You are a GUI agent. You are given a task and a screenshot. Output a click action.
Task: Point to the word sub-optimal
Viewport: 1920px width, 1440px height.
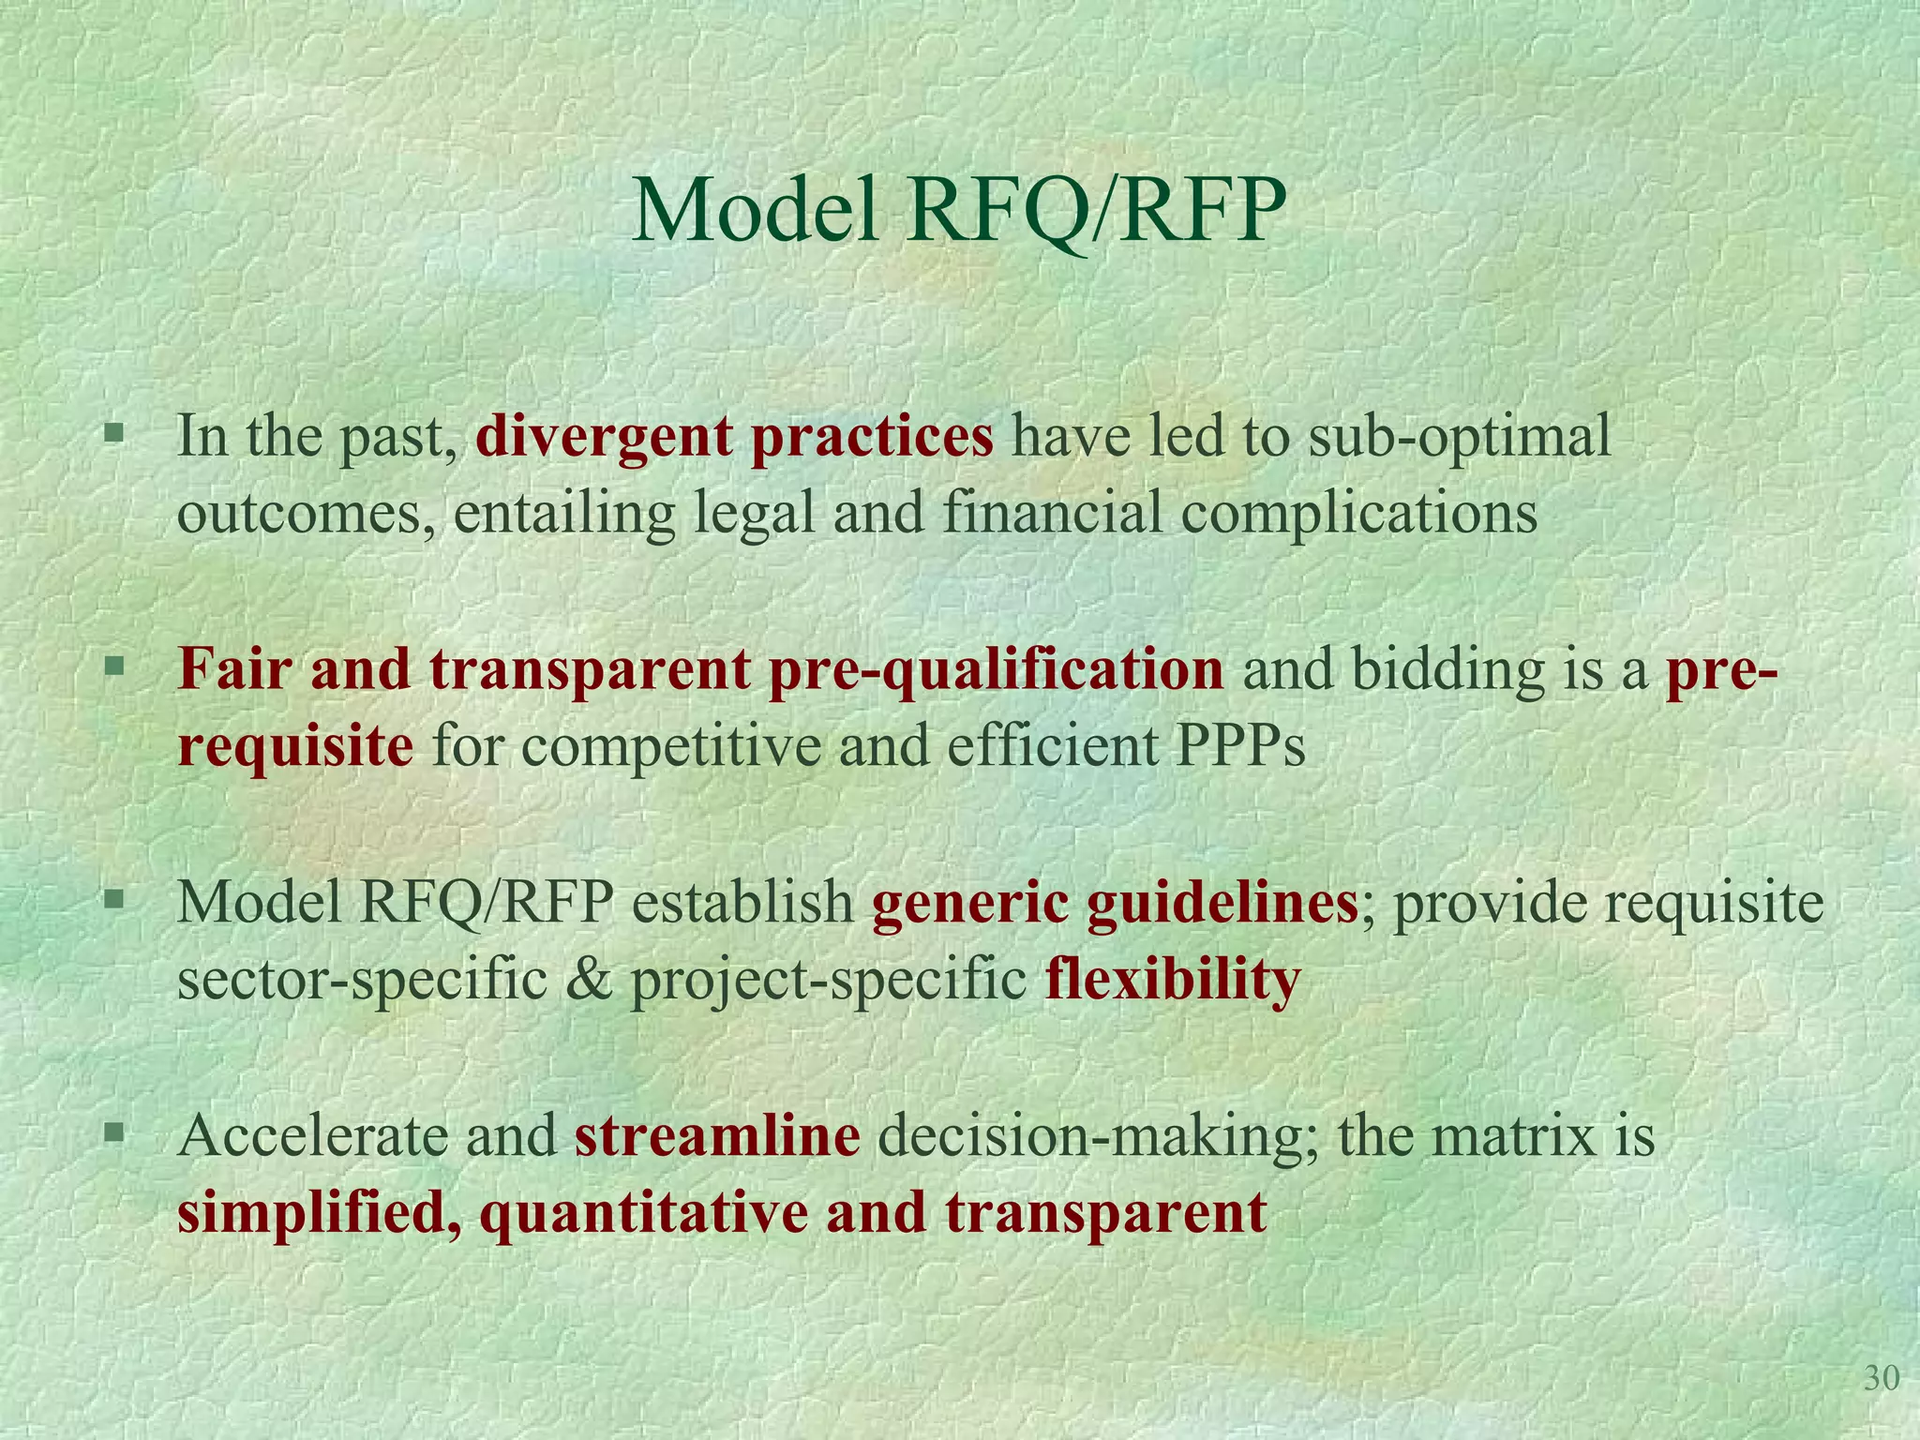(1459, 437)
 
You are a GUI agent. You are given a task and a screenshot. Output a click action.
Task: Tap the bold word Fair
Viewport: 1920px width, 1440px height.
(234, 669)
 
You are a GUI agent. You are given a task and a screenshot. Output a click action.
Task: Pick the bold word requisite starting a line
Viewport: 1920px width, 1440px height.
(295, 748)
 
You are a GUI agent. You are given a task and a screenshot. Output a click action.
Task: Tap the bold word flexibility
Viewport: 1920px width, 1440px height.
(1172, 981)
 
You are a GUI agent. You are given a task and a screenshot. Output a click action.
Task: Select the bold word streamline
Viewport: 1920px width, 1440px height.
(717, 1136)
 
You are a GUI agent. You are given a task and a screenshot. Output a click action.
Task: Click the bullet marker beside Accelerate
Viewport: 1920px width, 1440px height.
(114, 1133)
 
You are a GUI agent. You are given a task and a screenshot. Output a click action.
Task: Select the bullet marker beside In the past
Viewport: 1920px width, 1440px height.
(114, 434)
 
